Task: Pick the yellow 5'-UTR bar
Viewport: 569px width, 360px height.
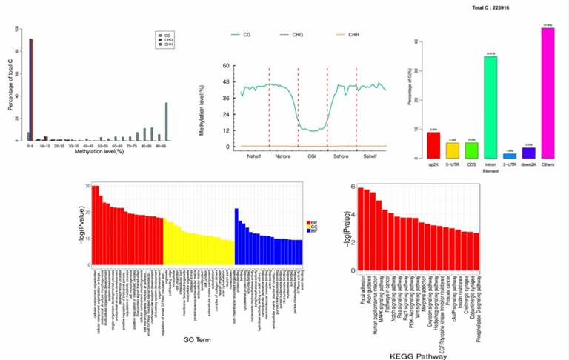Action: [452, 151]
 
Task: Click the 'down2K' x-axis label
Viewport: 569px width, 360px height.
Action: [528, 164]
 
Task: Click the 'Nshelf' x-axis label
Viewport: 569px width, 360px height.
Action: [254, 157]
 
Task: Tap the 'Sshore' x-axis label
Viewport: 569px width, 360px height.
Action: [342, 157]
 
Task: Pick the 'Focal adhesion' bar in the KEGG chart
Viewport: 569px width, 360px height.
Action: [360, 227]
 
